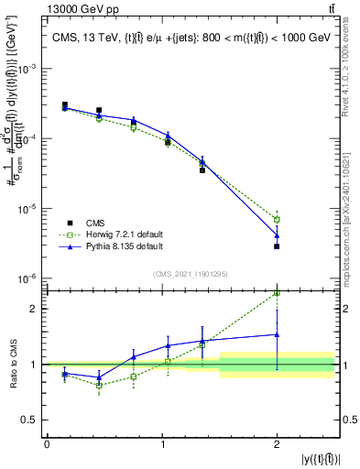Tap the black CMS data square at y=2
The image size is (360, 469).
pos(277,246)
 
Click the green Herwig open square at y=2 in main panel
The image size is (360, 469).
pos(277,220)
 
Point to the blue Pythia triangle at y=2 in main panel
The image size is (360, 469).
pos(277,235)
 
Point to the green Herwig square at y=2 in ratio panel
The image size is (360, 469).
pos(277,294)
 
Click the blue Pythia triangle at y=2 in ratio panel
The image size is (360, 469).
pos(277,334)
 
